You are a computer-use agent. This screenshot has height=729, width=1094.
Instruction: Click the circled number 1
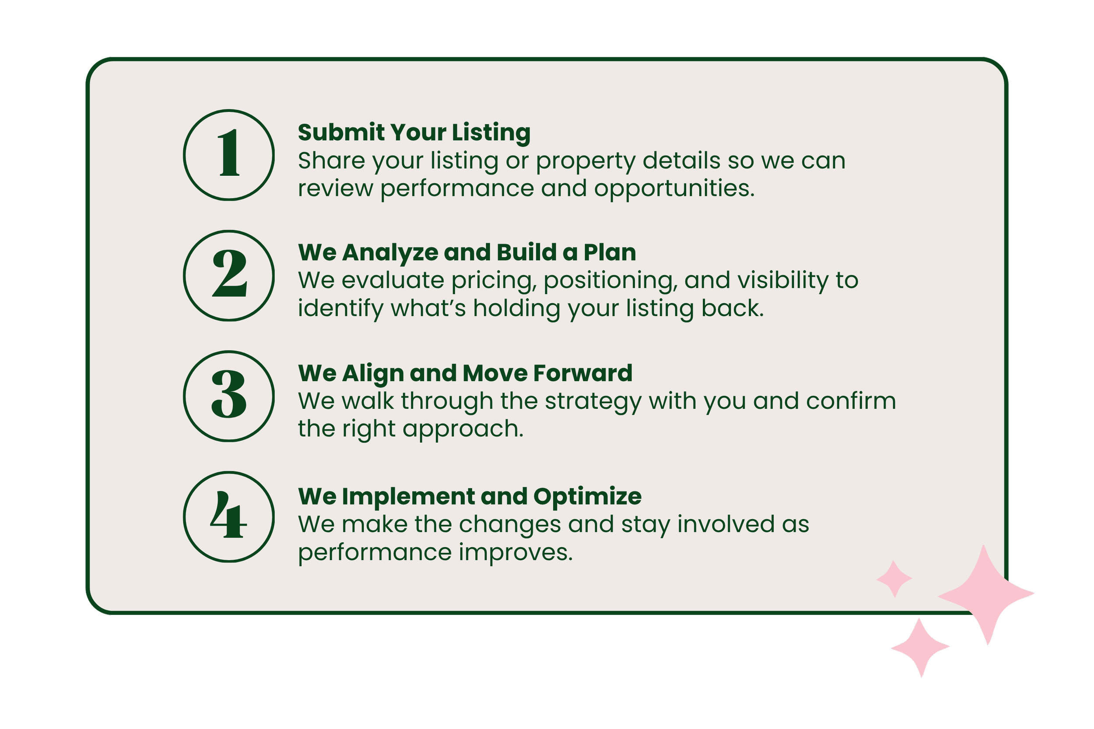point(229,155)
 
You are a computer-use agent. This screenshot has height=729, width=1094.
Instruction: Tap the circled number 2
point(229,275)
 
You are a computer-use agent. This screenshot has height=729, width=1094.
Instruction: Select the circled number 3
point(229,396)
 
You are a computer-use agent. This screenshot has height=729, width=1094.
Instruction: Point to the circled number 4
point(229,516)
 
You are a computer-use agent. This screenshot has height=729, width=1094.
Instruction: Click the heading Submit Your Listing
point(414,132)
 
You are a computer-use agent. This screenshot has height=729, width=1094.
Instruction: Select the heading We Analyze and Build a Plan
point(466,252)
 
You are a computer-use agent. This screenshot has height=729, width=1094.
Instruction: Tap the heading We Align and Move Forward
point(465,373)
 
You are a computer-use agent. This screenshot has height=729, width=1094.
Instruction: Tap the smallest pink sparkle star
point(894,579)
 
